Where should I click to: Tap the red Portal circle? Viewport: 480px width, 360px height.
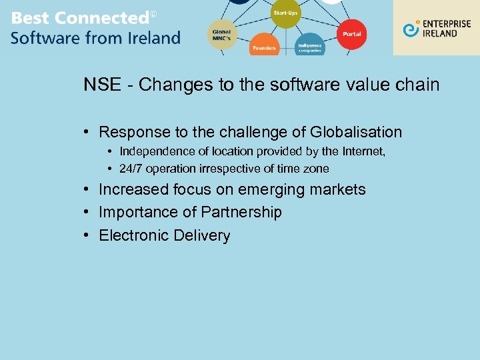[x=351, y=33]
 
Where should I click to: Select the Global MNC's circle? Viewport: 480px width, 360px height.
[x=222, y=34]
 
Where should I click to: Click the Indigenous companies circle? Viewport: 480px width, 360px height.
[x=309, y=45]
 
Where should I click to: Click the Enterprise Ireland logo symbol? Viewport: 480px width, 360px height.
[x=411, y=29]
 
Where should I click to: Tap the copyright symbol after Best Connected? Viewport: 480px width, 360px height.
[x=153, y=14]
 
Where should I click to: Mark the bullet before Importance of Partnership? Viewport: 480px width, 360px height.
[x=87, y=213]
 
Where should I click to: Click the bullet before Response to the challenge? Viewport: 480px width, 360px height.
[x=87, y=132]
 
